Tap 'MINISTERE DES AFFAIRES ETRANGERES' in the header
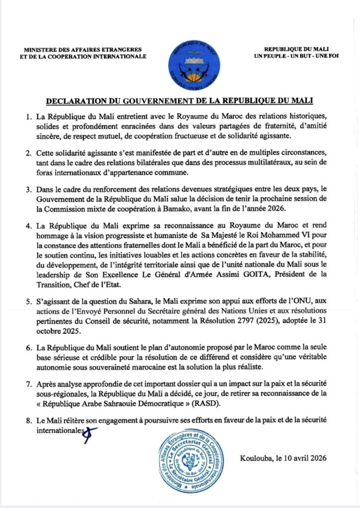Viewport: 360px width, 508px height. (82, 50)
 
